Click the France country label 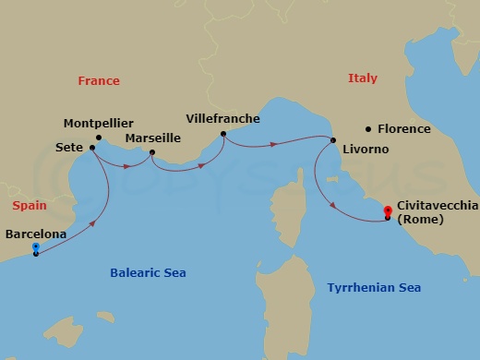point(99,80)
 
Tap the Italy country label point(363,78)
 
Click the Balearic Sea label point(148,273)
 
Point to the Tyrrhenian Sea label point(374,288)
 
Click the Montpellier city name point(99,123)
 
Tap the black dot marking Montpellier point(99,138)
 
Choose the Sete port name point(67,148)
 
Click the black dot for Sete point(91,148)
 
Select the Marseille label point(152,138)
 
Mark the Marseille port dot point(151,152)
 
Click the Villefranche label point(222,119)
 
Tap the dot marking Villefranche point(222,134)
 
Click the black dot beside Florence point(368,129)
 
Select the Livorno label point(364,149)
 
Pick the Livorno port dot point(332,140)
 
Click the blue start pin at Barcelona point(35,247)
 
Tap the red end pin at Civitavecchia point(388,213)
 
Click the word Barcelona point(36,234)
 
